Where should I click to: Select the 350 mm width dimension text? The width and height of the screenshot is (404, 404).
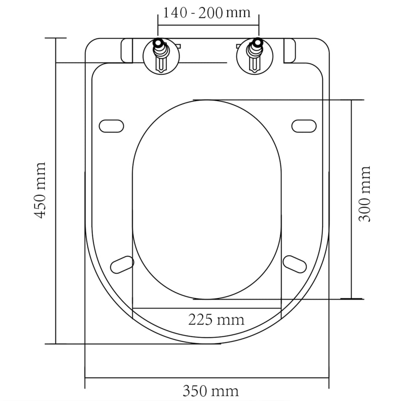click(210, 391)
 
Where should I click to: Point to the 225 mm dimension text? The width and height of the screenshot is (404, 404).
click(216, 319)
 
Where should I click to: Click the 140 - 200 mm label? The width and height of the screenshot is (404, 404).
click(207, 13)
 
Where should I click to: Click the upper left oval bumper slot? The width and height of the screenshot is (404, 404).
click(111, 126)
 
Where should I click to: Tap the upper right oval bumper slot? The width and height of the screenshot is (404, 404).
click(304, 126)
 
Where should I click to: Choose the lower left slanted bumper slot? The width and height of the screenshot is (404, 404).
click(122, 264)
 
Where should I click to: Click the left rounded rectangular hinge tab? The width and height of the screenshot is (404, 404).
click(127, 50)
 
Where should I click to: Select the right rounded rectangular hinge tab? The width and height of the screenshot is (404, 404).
click(289, 50)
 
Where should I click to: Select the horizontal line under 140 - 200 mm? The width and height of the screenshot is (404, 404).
click(208, 25)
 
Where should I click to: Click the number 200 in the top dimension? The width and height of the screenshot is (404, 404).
click(211, 13)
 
